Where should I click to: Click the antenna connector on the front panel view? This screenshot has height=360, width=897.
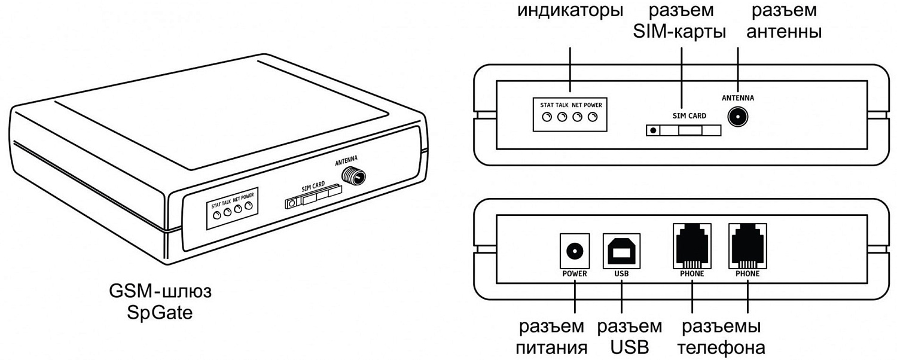pos(740,116)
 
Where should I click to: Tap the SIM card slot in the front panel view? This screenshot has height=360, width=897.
pos(683,130)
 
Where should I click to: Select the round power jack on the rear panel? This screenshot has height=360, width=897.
pos(574,251)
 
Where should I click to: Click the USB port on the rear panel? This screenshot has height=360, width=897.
pos(622,251)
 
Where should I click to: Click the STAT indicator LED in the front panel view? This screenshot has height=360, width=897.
pos(547,117)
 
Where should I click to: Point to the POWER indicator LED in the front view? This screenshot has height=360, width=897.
pos(593,117)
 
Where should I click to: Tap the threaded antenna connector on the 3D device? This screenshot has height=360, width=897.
pos(354,175)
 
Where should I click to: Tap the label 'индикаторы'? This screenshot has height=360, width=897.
pos(570,11)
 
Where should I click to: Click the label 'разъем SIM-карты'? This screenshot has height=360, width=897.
pos(679,22)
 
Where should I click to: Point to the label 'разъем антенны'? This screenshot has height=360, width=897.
pos(783,22)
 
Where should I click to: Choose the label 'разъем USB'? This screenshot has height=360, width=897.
pos(630,337)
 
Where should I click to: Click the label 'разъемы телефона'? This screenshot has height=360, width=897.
pos(722,337)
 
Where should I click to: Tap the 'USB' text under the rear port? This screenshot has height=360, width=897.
pos(622,274)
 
